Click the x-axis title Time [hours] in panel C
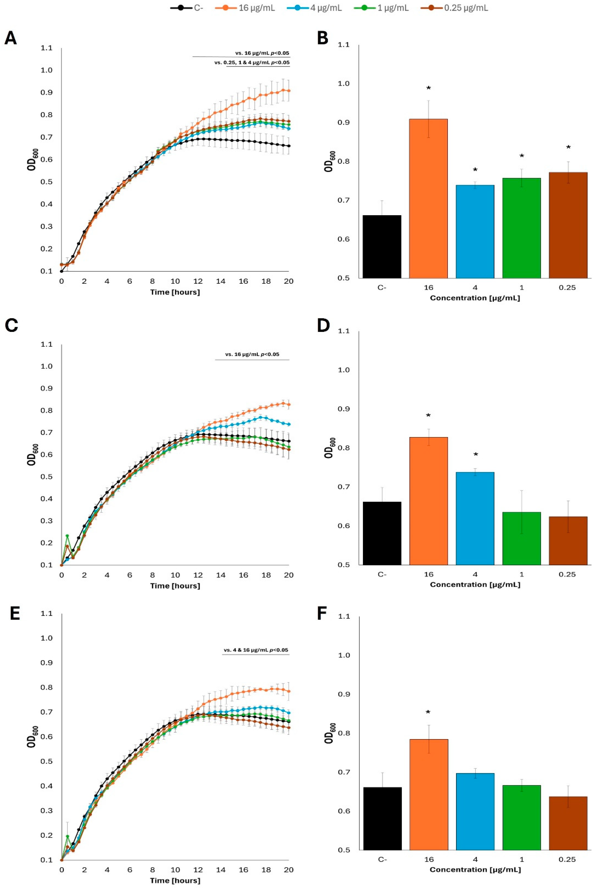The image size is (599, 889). (x=175, y=586)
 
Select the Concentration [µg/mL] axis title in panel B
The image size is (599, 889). (x=475, y=298)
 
